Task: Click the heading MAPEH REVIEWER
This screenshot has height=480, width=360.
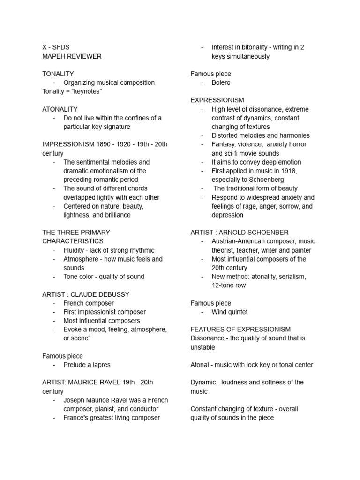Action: pos(72,56)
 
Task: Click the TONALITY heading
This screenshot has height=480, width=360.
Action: pos(58,74)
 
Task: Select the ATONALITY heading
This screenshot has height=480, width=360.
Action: pos(60,109)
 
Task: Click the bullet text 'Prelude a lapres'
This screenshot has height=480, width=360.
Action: pos(87,365)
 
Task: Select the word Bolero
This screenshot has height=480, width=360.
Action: pos(221,82)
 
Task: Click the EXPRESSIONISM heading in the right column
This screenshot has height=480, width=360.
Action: pos(217,100)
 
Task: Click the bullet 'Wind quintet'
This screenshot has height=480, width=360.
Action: pos(230,312)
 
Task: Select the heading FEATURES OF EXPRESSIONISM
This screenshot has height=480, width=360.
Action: pos(240,330)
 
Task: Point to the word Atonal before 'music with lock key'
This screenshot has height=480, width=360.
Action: pos(201,365)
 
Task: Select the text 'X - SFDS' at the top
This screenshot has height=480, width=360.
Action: pos(56,47)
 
